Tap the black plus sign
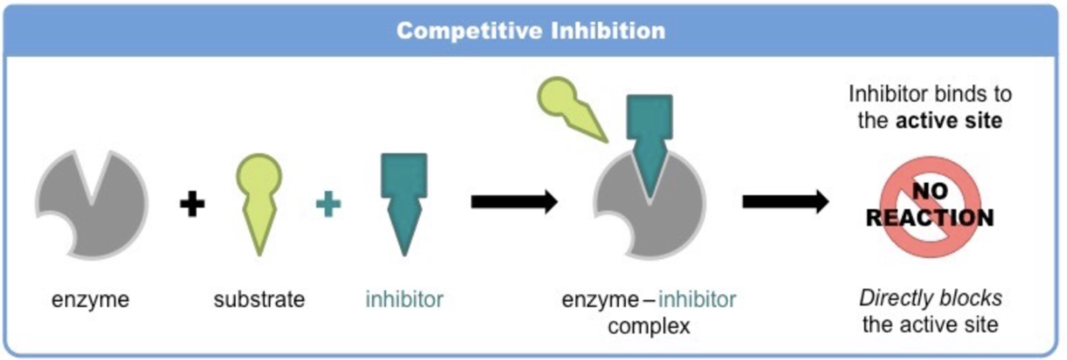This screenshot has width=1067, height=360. pyautogui.click(x=192, y=204)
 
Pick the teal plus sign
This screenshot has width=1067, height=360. pyautogui.click(x=328, y=204)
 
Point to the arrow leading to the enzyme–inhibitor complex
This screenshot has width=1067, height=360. pyautogui.click(x=514, y=202)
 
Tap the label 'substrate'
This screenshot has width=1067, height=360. pyautogui.click(x=258, y=299)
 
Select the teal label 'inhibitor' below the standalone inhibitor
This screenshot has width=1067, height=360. pyautogui.click(x=404, y=299)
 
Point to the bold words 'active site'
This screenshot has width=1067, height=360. pyautogui.click(x=948, y=121)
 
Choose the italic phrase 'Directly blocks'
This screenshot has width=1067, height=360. pyautogui.click(x=930, y=298)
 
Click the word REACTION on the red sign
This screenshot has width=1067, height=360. pyautogui.click(x=929, y=219)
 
